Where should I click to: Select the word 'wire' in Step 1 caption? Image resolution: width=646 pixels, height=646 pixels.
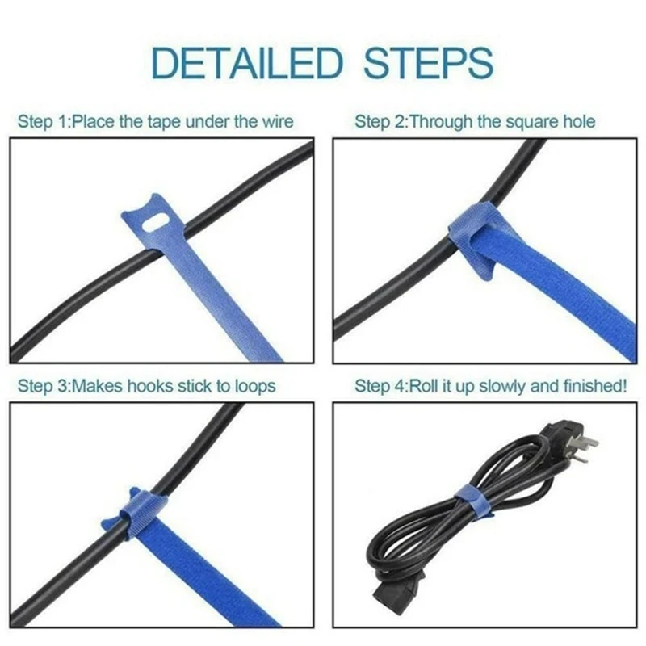click(x=277, y=122)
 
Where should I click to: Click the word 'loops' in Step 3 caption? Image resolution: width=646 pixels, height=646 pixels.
click(x=254, y=385)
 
